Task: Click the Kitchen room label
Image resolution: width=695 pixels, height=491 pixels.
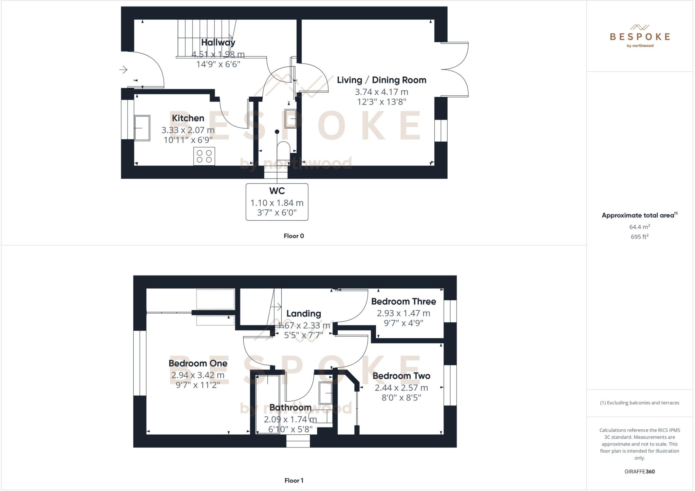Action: (x=188, y=118)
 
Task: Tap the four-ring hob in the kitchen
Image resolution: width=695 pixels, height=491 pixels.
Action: (x=204, y=156)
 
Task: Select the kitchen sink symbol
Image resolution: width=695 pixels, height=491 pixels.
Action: (x=142, y=128)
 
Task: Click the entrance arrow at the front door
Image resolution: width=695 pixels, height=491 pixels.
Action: (x=123, y=70)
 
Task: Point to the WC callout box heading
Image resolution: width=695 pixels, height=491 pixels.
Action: (x=277, y=191)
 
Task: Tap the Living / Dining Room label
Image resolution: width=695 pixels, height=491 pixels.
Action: (x=381, y=80)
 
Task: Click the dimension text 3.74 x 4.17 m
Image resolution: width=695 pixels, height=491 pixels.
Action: (x=381, y=92)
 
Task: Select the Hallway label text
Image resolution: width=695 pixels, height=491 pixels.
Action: (x=218, y=42)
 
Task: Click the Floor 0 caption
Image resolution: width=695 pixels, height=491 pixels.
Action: (x=294, y=236)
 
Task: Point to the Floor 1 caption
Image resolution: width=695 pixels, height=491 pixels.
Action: (x=294, y=480)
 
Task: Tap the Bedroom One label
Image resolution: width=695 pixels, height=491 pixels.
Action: (x=198, y=363)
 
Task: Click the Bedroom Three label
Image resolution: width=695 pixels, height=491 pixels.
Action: (x=403, y=301)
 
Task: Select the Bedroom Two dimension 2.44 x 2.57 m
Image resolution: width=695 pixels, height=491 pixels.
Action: (x=401, y=388)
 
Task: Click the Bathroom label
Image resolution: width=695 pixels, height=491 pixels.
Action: (x=290, y=407)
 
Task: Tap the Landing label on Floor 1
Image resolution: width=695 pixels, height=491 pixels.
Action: (x=303, y=314)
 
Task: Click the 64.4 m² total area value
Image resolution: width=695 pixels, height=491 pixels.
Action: (x=639, y=227)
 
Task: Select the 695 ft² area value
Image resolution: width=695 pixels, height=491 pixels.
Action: (x=639, y=237)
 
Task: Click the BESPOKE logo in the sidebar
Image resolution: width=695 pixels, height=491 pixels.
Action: (x=640, y=36)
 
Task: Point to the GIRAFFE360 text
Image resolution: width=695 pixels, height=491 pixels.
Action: (x=639, y=471)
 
